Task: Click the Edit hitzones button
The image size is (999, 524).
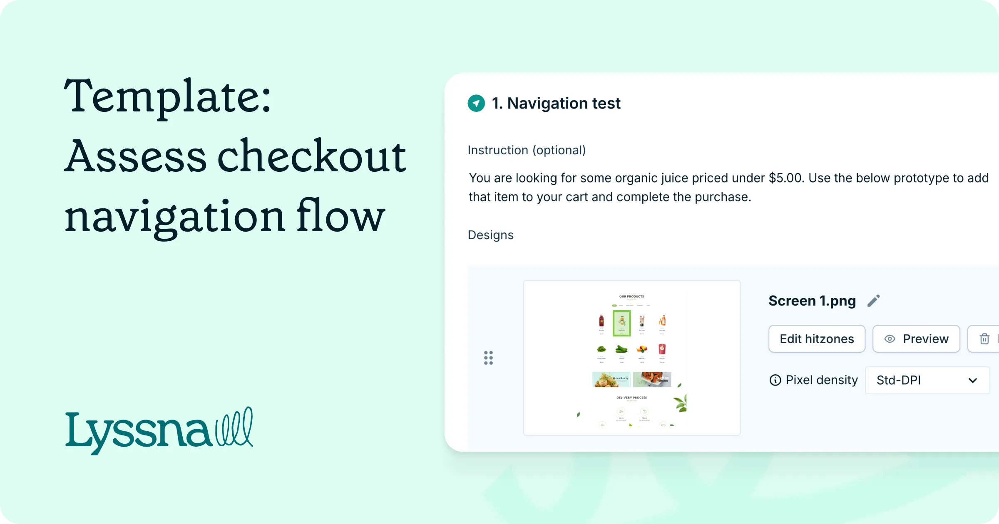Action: coord(816,339)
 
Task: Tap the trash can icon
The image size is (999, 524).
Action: coord(984,339)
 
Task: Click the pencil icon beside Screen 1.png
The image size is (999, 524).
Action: coord(873,301)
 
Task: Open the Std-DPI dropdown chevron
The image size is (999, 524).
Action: coord(972,380)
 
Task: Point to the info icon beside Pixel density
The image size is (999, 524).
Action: coord(775,380)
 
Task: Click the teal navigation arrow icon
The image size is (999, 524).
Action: coord(476,103)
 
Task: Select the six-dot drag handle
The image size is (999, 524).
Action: coord(488,358)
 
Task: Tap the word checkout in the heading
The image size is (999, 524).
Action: coord(311,157)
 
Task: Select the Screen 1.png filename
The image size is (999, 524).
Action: coord(812,301)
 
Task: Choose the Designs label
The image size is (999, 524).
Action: coord(490,235)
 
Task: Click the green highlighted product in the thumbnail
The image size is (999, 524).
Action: coord(621,323)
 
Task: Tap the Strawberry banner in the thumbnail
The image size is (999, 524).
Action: coord(611,379)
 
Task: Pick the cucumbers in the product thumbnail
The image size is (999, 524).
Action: coord(621,349)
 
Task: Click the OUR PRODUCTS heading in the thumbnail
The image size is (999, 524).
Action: coord(631,297)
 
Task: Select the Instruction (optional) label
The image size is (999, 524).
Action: coord(527,150)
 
